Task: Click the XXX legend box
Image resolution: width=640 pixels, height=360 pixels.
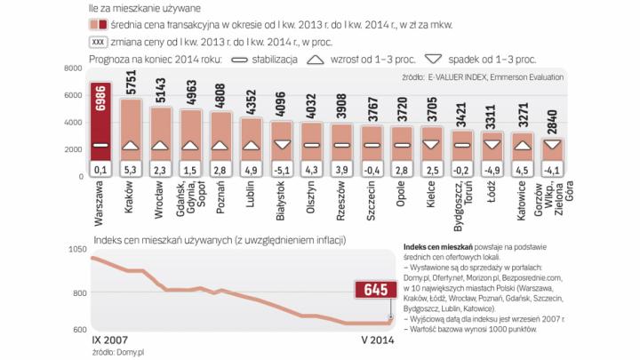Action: tap(100, 42)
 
